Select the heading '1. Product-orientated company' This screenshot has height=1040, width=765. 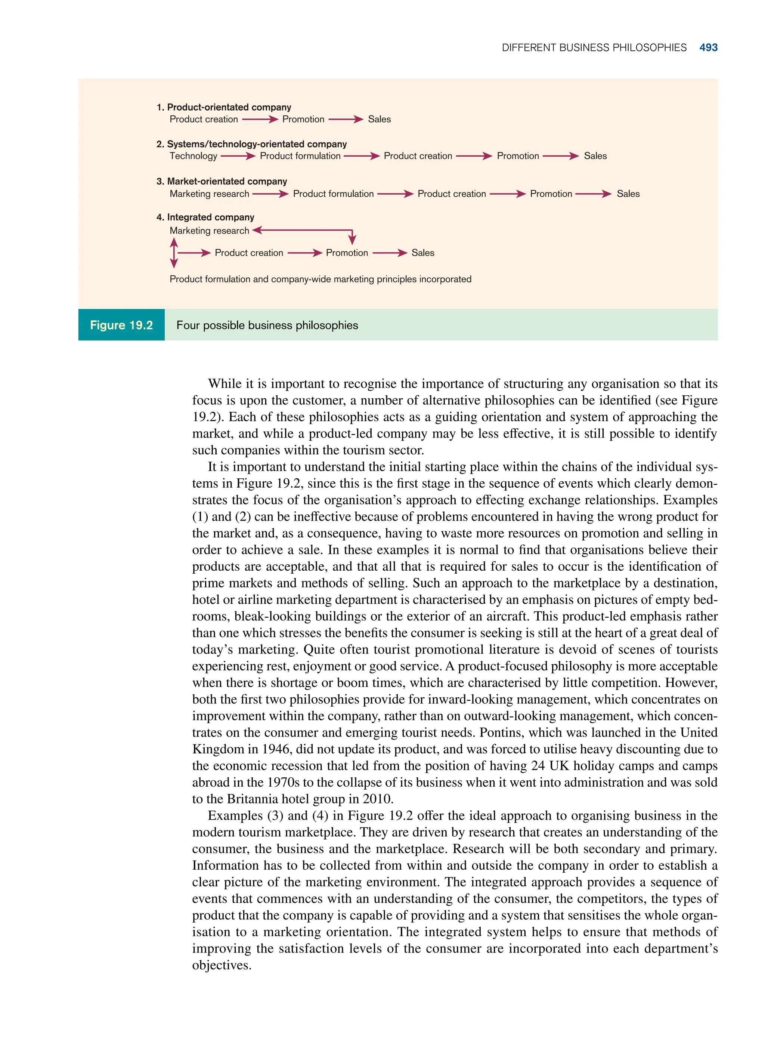click(224, 107)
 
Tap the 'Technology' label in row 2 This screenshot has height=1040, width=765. click(193, 156)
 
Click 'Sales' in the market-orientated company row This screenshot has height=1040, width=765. click(628, 194)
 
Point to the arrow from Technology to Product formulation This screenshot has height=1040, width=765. click(238, 156)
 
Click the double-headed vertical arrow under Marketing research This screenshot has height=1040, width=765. click(174, 253)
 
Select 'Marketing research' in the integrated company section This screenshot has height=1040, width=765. click(209, 231)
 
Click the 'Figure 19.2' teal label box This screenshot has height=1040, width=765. click(121, 325)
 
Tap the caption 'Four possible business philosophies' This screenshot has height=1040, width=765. click(267, 325)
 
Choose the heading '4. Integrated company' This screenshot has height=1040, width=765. click(205, 217)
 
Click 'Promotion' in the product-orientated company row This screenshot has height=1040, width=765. click(303, 120)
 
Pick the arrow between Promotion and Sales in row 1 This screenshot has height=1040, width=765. click(346, 120)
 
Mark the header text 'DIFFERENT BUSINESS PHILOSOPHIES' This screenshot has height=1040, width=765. click(594, 48)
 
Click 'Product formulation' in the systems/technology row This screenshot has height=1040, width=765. click(300, 156)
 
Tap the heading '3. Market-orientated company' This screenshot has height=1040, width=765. click(222, 182)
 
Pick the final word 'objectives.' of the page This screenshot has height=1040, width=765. click(222, 965)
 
